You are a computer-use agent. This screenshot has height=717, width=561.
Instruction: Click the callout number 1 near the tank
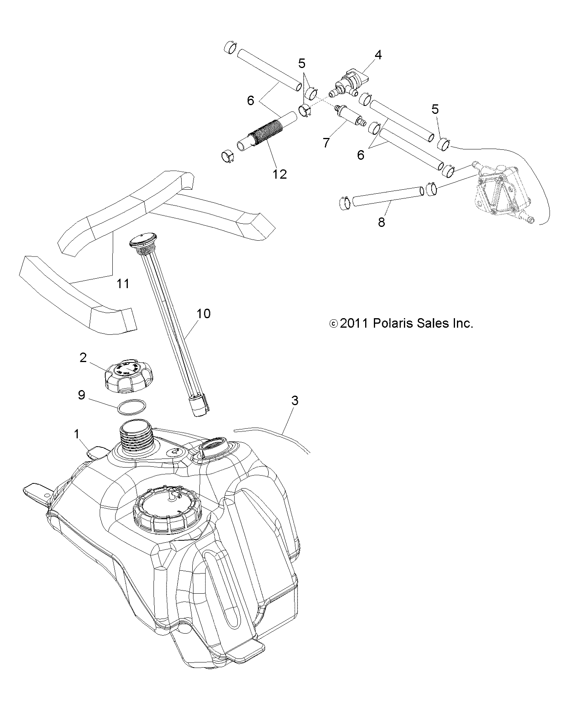pyautogui.click(x=77, y=434)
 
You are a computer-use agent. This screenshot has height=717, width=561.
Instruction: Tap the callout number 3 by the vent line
pyautogui.click(x=294, y=401)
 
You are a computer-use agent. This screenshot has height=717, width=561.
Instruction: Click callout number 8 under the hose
pyautogui.click(x=381, y=222)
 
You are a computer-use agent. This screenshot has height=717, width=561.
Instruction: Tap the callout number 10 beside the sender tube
pyautogui.click(x=203, y=314)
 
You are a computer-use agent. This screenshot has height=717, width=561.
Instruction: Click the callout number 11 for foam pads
pyautogui.click(x=123, y=283)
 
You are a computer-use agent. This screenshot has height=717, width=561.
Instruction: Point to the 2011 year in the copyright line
pyautogui.click(x=354, y=324)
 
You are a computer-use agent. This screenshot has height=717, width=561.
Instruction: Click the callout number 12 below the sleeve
pyautogui.click(x=279, y=174)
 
